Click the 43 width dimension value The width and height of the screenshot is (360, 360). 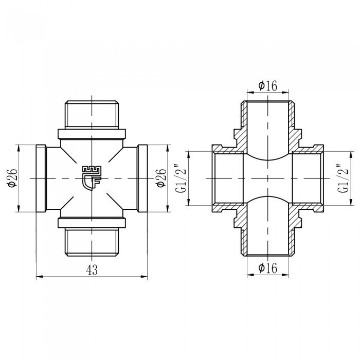pos(92,269)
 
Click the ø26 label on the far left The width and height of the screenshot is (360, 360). pos(13,177)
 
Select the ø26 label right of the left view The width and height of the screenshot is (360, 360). pos(160,177)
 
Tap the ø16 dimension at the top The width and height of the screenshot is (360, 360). pos(267,86)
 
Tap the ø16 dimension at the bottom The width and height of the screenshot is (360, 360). pos(267,267)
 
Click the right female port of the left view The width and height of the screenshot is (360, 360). pos(142,177)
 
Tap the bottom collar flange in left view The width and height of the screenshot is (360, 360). pos(92,222)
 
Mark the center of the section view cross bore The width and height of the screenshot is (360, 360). pos(267,177)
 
